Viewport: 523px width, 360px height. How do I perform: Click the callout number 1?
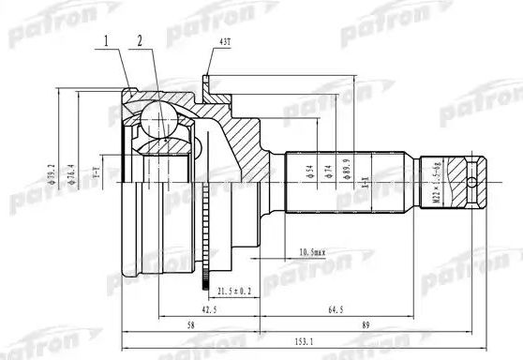click(x=107, y=40)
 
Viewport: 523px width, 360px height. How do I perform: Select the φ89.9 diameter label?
click(x=349, y=170)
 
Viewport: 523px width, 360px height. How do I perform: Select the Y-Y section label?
click(x=94, y=172)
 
